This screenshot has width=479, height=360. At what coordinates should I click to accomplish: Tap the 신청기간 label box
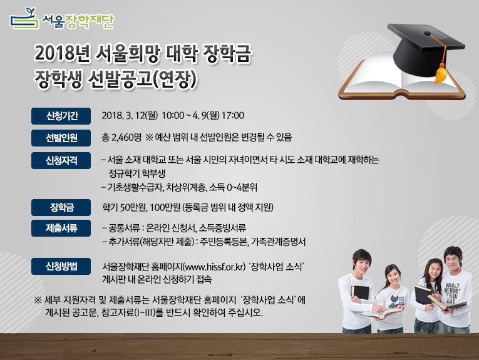[x=61, y=115]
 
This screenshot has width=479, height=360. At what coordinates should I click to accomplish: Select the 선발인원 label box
[x=61, y=137]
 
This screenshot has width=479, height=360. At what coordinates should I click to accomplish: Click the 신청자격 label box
[x=61, y=160]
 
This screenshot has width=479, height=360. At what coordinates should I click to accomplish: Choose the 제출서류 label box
[x=61, y=228]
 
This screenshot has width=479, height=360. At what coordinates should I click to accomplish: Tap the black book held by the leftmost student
[x=360, y=292]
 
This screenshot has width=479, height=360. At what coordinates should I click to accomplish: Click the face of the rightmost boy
[x=453, y=260]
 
